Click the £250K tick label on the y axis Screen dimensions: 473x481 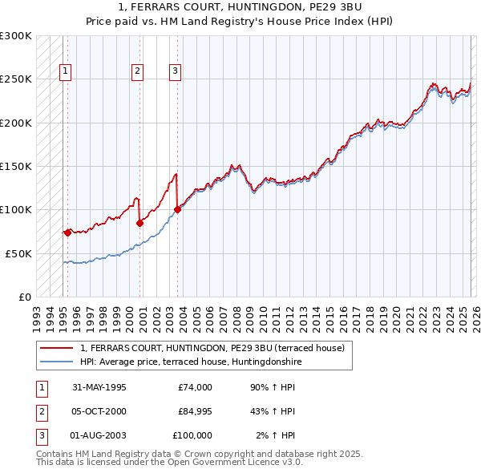[x=16, y=79]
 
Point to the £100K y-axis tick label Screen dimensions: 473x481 [x=16, y=209]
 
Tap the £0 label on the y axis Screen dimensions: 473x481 [x=25, y=297]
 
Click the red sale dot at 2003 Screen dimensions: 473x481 [x=177, y=210]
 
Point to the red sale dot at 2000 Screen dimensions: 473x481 [x=139, y=223]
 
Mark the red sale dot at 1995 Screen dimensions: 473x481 [x=67, y=232]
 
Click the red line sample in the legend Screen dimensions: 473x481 [x=57, y=348]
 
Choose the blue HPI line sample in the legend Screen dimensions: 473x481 [x=57, y=362]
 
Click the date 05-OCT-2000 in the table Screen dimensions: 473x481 [x=99, y=411]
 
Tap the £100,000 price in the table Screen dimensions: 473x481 [x=192, y=435]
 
